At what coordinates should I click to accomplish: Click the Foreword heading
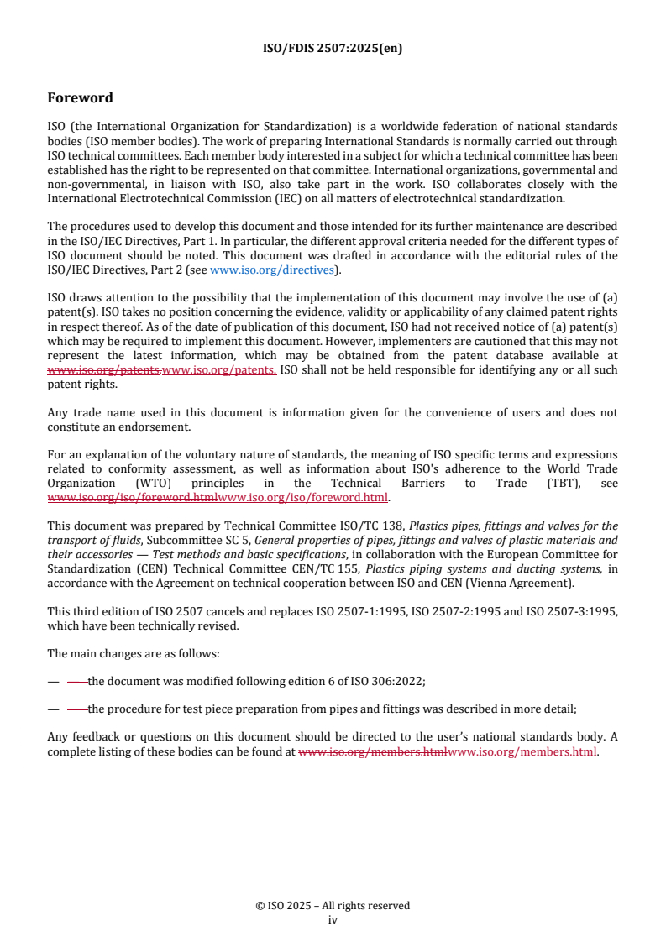(80, 98)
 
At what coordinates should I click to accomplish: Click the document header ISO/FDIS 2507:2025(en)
(333, 48)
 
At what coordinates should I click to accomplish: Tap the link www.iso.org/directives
(272, 270)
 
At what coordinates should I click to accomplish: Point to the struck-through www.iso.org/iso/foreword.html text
(132, 497)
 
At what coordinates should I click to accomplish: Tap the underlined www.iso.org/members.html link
(522, 751)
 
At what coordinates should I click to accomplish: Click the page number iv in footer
(333, 919)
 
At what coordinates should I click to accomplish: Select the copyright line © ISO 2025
(333, 906)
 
